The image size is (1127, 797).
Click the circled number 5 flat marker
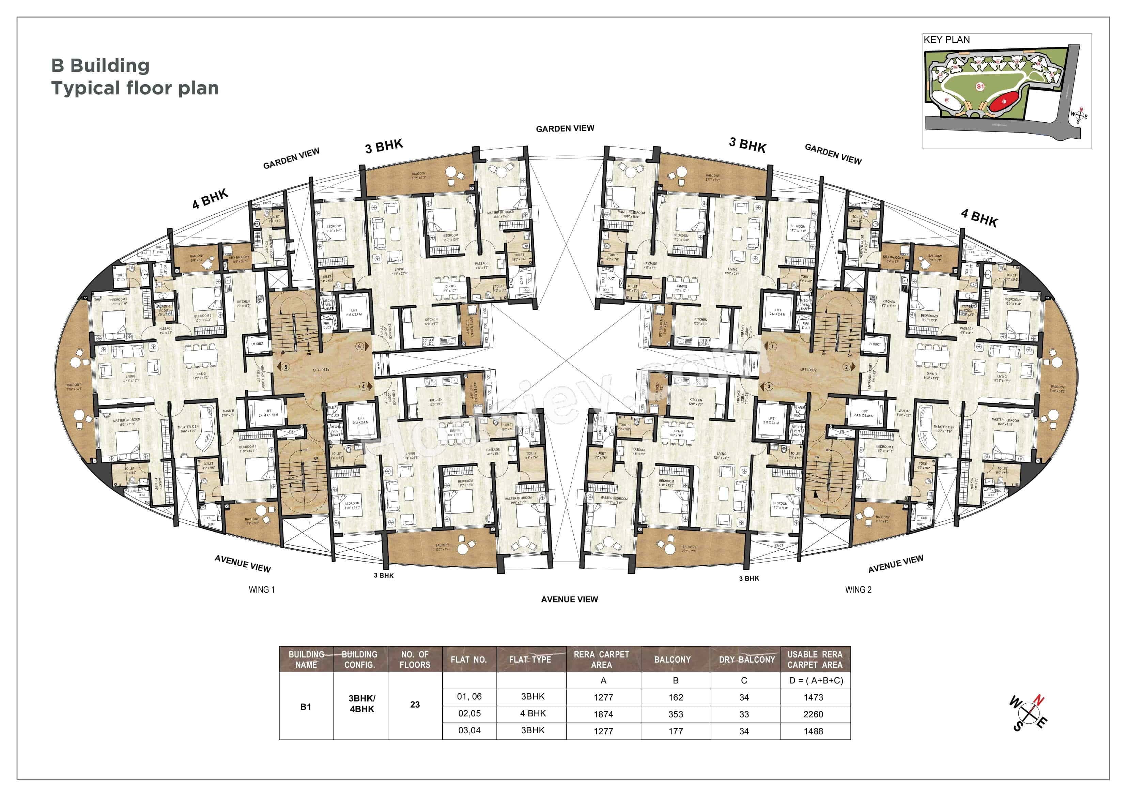(286, 367)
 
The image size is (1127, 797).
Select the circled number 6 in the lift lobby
(359, 346)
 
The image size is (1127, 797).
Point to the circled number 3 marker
(769, 386)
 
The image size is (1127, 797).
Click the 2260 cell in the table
(813, 714)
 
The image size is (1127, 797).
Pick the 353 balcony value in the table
(675, 714)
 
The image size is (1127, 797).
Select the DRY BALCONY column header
(746, 659)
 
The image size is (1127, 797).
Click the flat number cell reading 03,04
(469, 730)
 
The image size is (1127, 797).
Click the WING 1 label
(262, 590)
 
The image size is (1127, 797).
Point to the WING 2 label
(858, 590)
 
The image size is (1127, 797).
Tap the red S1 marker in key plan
(980, 87)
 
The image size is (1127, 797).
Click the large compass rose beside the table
(1028, 713)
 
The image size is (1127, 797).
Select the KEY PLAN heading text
(946, 40)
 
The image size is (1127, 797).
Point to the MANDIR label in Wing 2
(904, 413)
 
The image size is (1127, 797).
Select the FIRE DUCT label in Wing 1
(327, 325)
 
